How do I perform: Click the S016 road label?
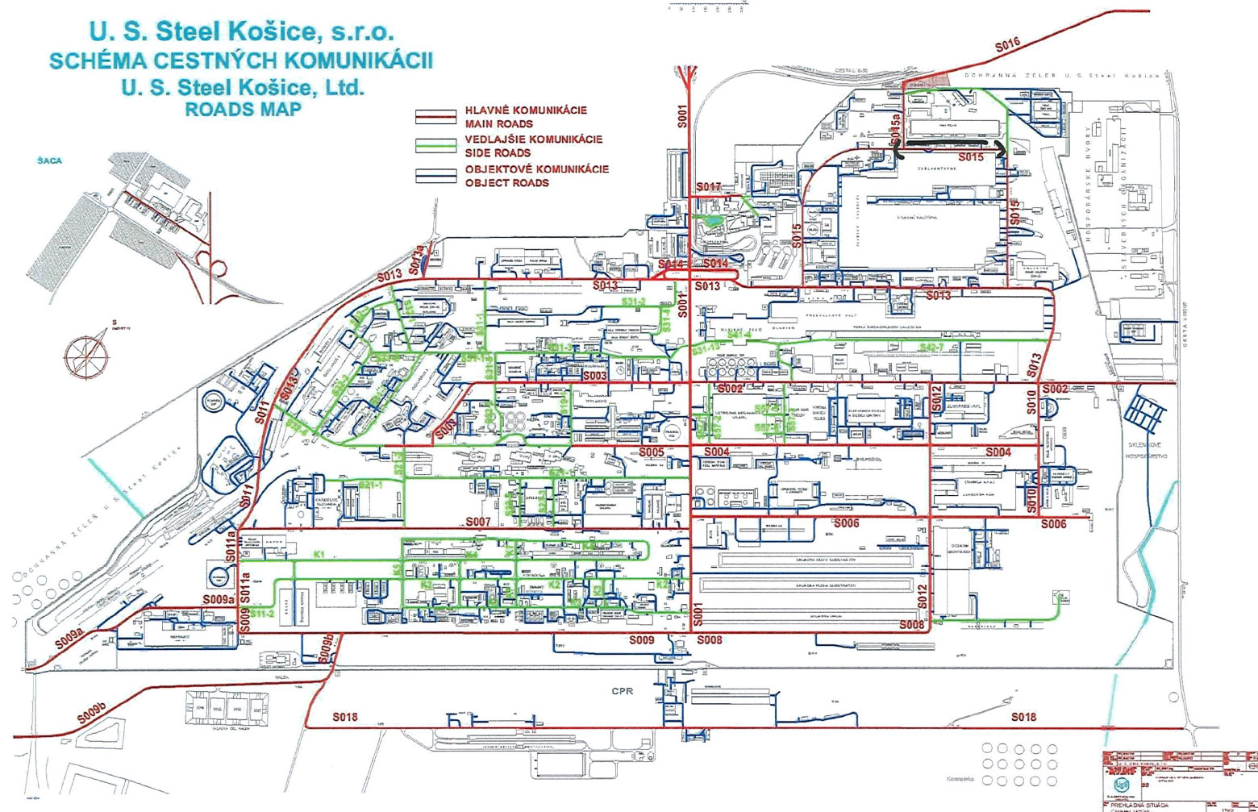(1007, 46)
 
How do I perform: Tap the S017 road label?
(709, 187)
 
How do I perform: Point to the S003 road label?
(594, 376)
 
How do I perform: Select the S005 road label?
(652, 452)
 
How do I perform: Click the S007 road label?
(478, 522)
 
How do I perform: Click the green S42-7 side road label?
(931, 348)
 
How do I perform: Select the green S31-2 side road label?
(634, 302)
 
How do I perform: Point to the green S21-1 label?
(370, 485)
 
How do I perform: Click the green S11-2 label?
(262, 614)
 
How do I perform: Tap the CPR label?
(623, 691)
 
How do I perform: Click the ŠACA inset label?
(49, 160)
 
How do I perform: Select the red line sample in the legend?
(435, 117)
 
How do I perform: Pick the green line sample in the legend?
(435, 146)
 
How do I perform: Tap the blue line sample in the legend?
(435, 176)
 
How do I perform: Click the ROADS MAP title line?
(243, 110)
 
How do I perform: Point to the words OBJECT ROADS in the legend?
(506, 183)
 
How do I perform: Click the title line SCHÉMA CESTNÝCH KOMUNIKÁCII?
(241, 60)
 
